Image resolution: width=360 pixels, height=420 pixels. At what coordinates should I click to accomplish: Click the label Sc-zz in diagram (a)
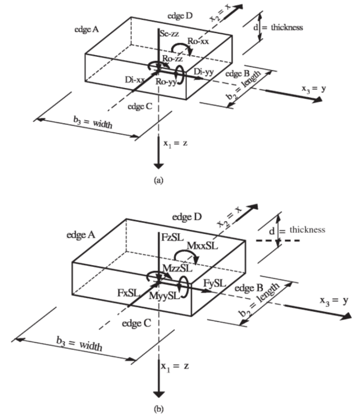[x=169, y=34]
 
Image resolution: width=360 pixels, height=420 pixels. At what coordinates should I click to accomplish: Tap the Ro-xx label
[x=198, y=41]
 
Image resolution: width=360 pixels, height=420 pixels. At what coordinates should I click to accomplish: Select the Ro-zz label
[x=173, y=58]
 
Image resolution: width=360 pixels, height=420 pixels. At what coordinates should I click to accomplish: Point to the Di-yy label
[x=204, y=72]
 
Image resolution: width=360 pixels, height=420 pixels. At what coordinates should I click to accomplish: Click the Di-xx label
[x=135, y=80]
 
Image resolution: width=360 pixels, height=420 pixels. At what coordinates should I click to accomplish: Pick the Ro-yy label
[x=166, y=82]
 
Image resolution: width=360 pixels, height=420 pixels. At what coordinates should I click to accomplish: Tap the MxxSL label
[x=202, y=246]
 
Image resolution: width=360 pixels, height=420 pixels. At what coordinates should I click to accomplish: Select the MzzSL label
[x=177, y=268]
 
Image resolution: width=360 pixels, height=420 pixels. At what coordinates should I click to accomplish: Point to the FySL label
[x=215, y=283]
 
